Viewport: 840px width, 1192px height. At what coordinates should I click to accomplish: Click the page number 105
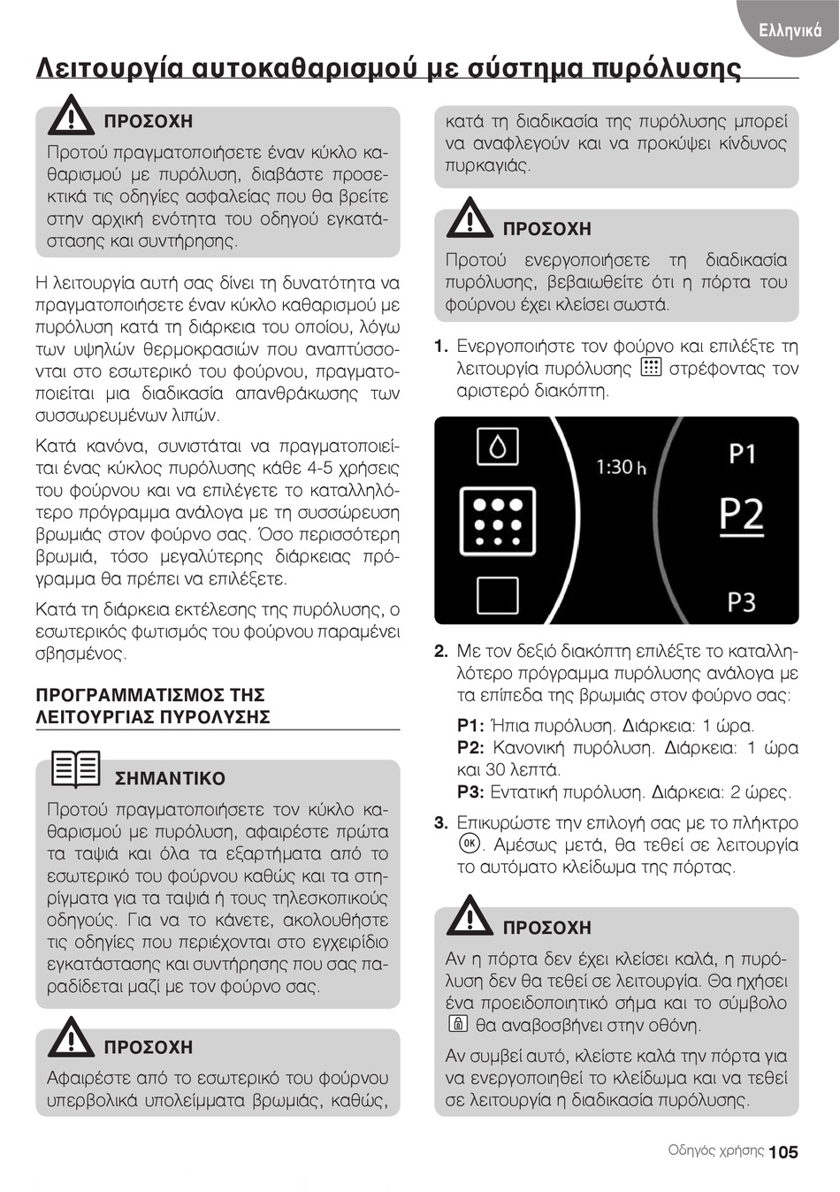pos(783,1151)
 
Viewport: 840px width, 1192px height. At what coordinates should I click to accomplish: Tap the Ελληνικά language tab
pos(790,30)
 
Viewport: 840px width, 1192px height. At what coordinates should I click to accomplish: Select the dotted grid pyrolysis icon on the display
pos(498,521)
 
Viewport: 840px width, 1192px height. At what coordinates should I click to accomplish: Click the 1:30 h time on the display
pos(621,466)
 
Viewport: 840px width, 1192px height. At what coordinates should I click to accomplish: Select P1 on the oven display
pos(742,455)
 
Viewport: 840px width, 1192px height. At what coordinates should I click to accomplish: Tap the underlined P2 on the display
pos(741,514)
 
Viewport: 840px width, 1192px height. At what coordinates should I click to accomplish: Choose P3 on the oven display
pos(741,602)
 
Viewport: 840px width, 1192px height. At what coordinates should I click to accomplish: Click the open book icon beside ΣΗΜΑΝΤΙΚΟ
pos(76,768)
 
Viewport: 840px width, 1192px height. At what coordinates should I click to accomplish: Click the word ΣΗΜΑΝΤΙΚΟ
pos(170,779)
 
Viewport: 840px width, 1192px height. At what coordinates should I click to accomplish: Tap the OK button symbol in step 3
pos(468,844)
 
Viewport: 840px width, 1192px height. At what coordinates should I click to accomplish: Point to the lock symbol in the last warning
pos(457,1026)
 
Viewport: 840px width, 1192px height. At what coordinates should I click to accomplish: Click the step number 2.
pos(441,652)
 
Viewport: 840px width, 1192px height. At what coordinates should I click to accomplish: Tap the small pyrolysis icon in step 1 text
pos(650,368)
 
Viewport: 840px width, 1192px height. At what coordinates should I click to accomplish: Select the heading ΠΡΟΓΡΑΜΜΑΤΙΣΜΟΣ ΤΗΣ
pos(150,695)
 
